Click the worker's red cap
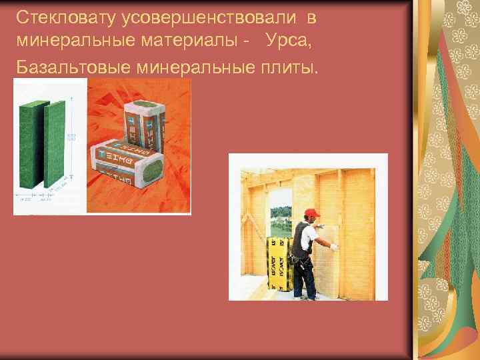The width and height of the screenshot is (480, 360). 311,213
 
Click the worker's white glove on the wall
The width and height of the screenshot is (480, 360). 333,247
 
